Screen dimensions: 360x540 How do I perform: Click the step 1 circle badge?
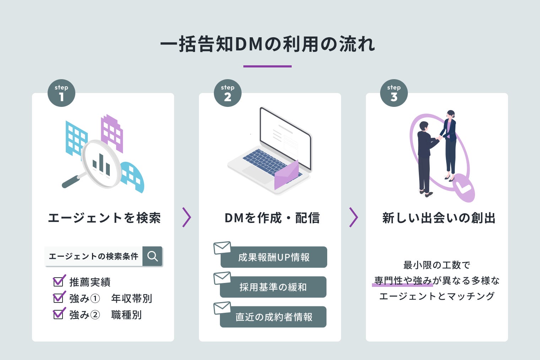coord(61,93)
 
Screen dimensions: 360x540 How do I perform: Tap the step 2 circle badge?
coord(228,93)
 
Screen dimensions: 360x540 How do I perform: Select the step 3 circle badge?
coord(394,93)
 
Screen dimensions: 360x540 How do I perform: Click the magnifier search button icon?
coord(152,256)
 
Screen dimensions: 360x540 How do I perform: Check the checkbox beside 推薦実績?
coord(58,282)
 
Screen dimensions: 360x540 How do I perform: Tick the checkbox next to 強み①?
coord(58,298)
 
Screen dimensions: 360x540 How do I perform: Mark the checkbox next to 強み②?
coord(58,314)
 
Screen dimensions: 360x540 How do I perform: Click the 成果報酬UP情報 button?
coord(274,257)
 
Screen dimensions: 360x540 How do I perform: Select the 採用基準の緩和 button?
coord(273,287)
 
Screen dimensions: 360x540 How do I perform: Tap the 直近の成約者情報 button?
coord(273,317)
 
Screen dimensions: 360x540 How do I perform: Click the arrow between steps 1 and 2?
coord(187,217)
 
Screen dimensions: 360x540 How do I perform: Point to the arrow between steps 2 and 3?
coord(353,217)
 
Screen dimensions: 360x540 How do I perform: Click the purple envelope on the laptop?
coord(286,176)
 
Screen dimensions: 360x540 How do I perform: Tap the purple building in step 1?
coord(112,133)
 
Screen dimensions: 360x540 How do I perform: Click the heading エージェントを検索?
coord(104,218)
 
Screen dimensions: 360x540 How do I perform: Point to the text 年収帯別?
coord(131,298)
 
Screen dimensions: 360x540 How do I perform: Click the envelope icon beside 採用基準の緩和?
coord(222,278)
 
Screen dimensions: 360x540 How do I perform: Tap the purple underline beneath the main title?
coord(267,66)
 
